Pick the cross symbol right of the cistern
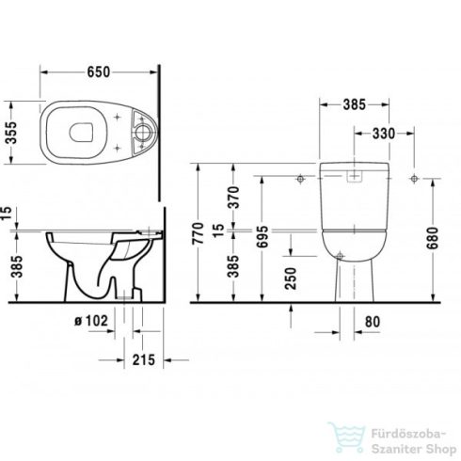[411, 180]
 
